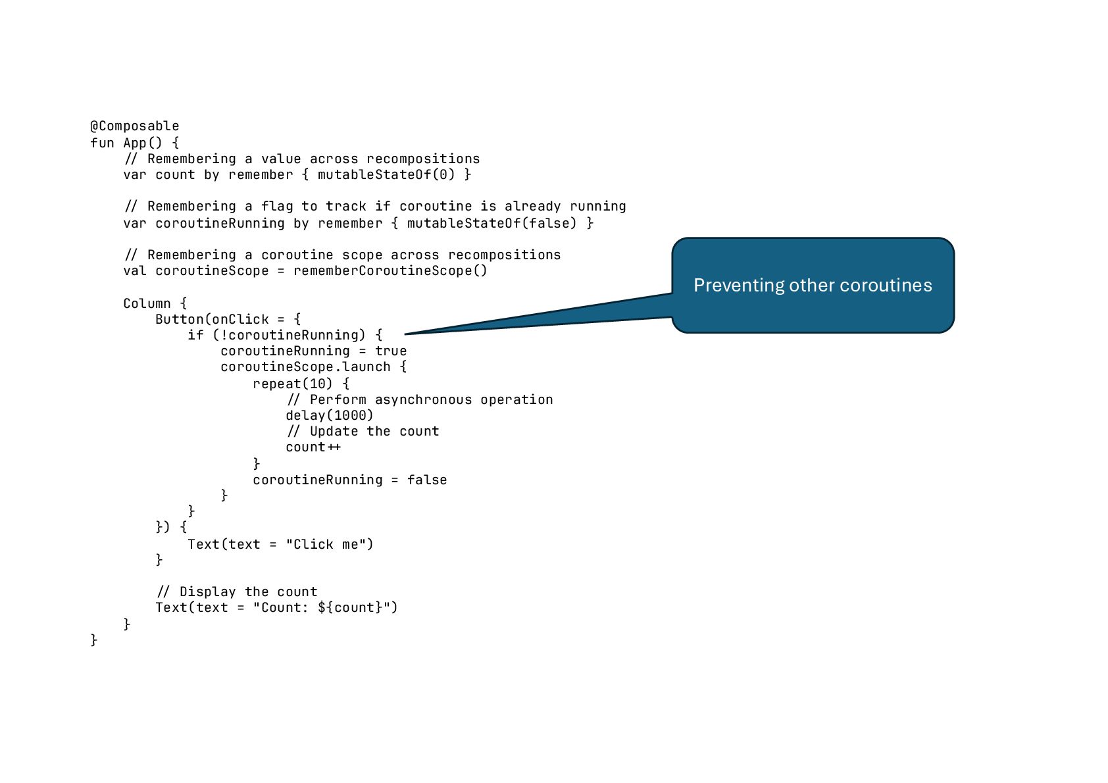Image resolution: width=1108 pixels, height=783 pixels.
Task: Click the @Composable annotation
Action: click(134, 126)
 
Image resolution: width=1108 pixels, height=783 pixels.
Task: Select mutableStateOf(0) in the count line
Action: click(386, 175)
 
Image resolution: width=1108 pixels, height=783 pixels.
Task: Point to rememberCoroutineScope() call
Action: click(390, 271)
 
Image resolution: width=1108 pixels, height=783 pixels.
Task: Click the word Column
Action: click(147, 303)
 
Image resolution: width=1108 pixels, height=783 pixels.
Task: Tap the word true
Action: click(391, 351)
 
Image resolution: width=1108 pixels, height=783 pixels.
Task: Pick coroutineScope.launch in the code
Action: click(305, 367)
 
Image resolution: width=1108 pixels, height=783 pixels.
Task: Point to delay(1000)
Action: click(329, 416)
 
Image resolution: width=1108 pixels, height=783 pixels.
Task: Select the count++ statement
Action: click(313, 447)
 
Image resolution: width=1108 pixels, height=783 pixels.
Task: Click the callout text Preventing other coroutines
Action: click(813, 286)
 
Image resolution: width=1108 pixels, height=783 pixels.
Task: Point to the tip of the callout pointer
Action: click(406, 334)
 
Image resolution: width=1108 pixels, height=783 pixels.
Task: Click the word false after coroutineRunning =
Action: click(426, 480)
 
